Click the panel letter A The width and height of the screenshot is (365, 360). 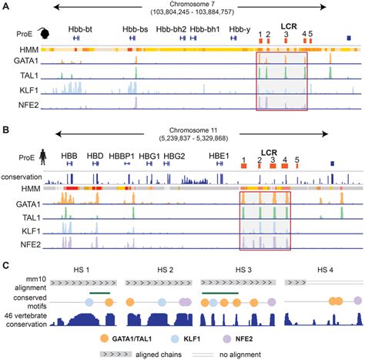click(x=6, y=7)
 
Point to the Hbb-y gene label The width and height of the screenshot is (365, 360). click(x=239, y=28)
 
